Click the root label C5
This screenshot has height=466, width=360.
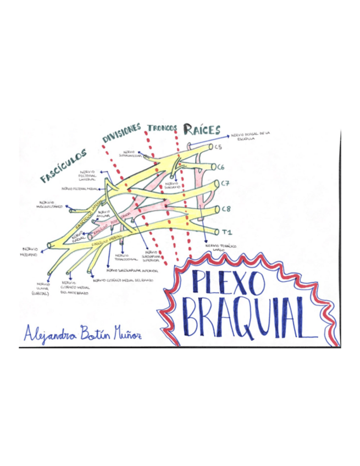tap(218, 147)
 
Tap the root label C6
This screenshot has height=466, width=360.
tap(221, 167)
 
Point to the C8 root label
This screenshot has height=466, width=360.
tap(225, 208)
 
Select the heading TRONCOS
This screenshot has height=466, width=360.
tap(162, 127)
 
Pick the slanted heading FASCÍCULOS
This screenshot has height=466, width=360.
tap(64, 164)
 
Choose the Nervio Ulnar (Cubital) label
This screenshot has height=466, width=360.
tap(41, 289)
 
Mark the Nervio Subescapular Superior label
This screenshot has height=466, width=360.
tap(149, 257)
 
